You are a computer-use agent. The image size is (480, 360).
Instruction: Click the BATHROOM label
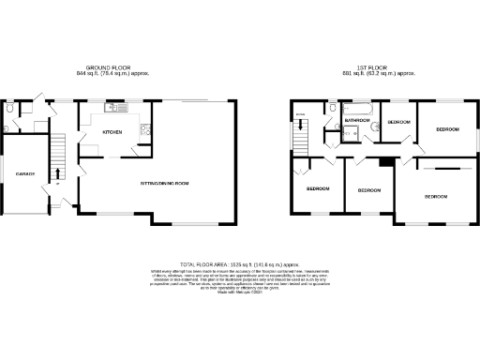click(x=357, y=120)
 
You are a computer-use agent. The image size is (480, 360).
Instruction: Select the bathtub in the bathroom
click(x=360, y=109)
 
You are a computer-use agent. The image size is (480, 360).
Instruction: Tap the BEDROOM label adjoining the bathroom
click(x=400, y=123)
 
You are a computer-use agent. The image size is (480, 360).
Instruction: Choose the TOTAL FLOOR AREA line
click(x=240, y=264)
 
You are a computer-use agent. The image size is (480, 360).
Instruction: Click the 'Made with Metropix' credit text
click(x=240, y=293)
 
